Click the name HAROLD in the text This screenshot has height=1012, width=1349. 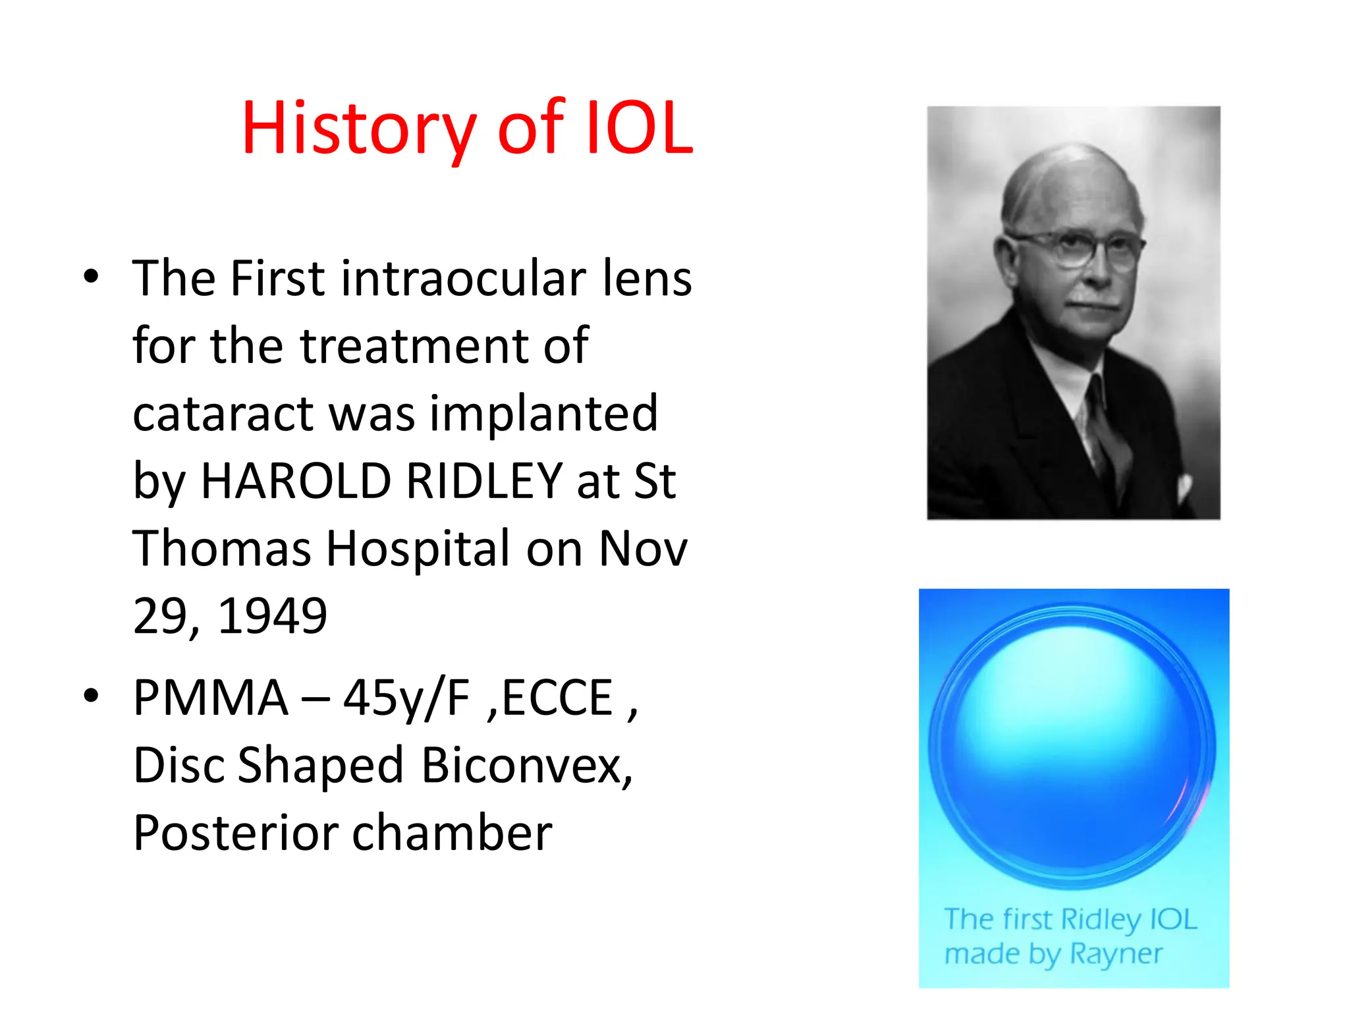pyautogui.click(x=296, y=481)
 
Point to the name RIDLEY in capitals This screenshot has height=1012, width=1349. pyautogui.click(x=485, y=481)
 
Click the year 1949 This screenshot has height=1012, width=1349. pyautogui.click(x=272, y=616)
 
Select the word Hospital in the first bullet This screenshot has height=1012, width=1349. pyautogui.click(x=418, y=548)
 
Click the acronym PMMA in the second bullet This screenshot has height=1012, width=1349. pyautogui.click(x=211, y=698)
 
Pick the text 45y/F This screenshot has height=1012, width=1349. pyautogui.click(x=406, y=698)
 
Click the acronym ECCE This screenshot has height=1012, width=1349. pyautogui.click(x=557, y=698)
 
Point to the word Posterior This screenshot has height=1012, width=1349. pyautogui.click(x=234, y=833)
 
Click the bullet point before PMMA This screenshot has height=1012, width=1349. pyautogui.click(x=91, y=696)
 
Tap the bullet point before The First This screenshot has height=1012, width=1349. pyautogui.click(x=91, y=277)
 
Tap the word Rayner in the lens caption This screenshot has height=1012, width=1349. pyautogui.click(x=1116, y=953)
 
